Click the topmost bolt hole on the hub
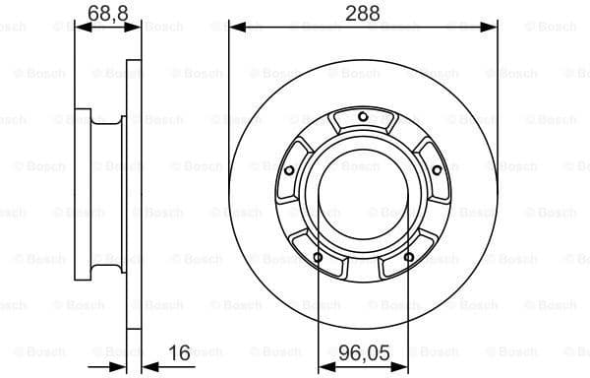click(363, 118)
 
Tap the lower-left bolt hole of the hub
click(317, 258)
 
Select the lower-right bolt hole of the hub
click(409, 258)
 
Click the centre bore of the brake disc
click(363, 196)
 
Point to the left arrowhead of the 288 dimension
click(236, 28)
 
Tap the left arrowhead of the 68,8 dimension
click(82, 28)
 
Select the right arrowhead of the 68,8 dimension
click(134, 28)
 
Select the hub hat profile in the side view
click(103, 197)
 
